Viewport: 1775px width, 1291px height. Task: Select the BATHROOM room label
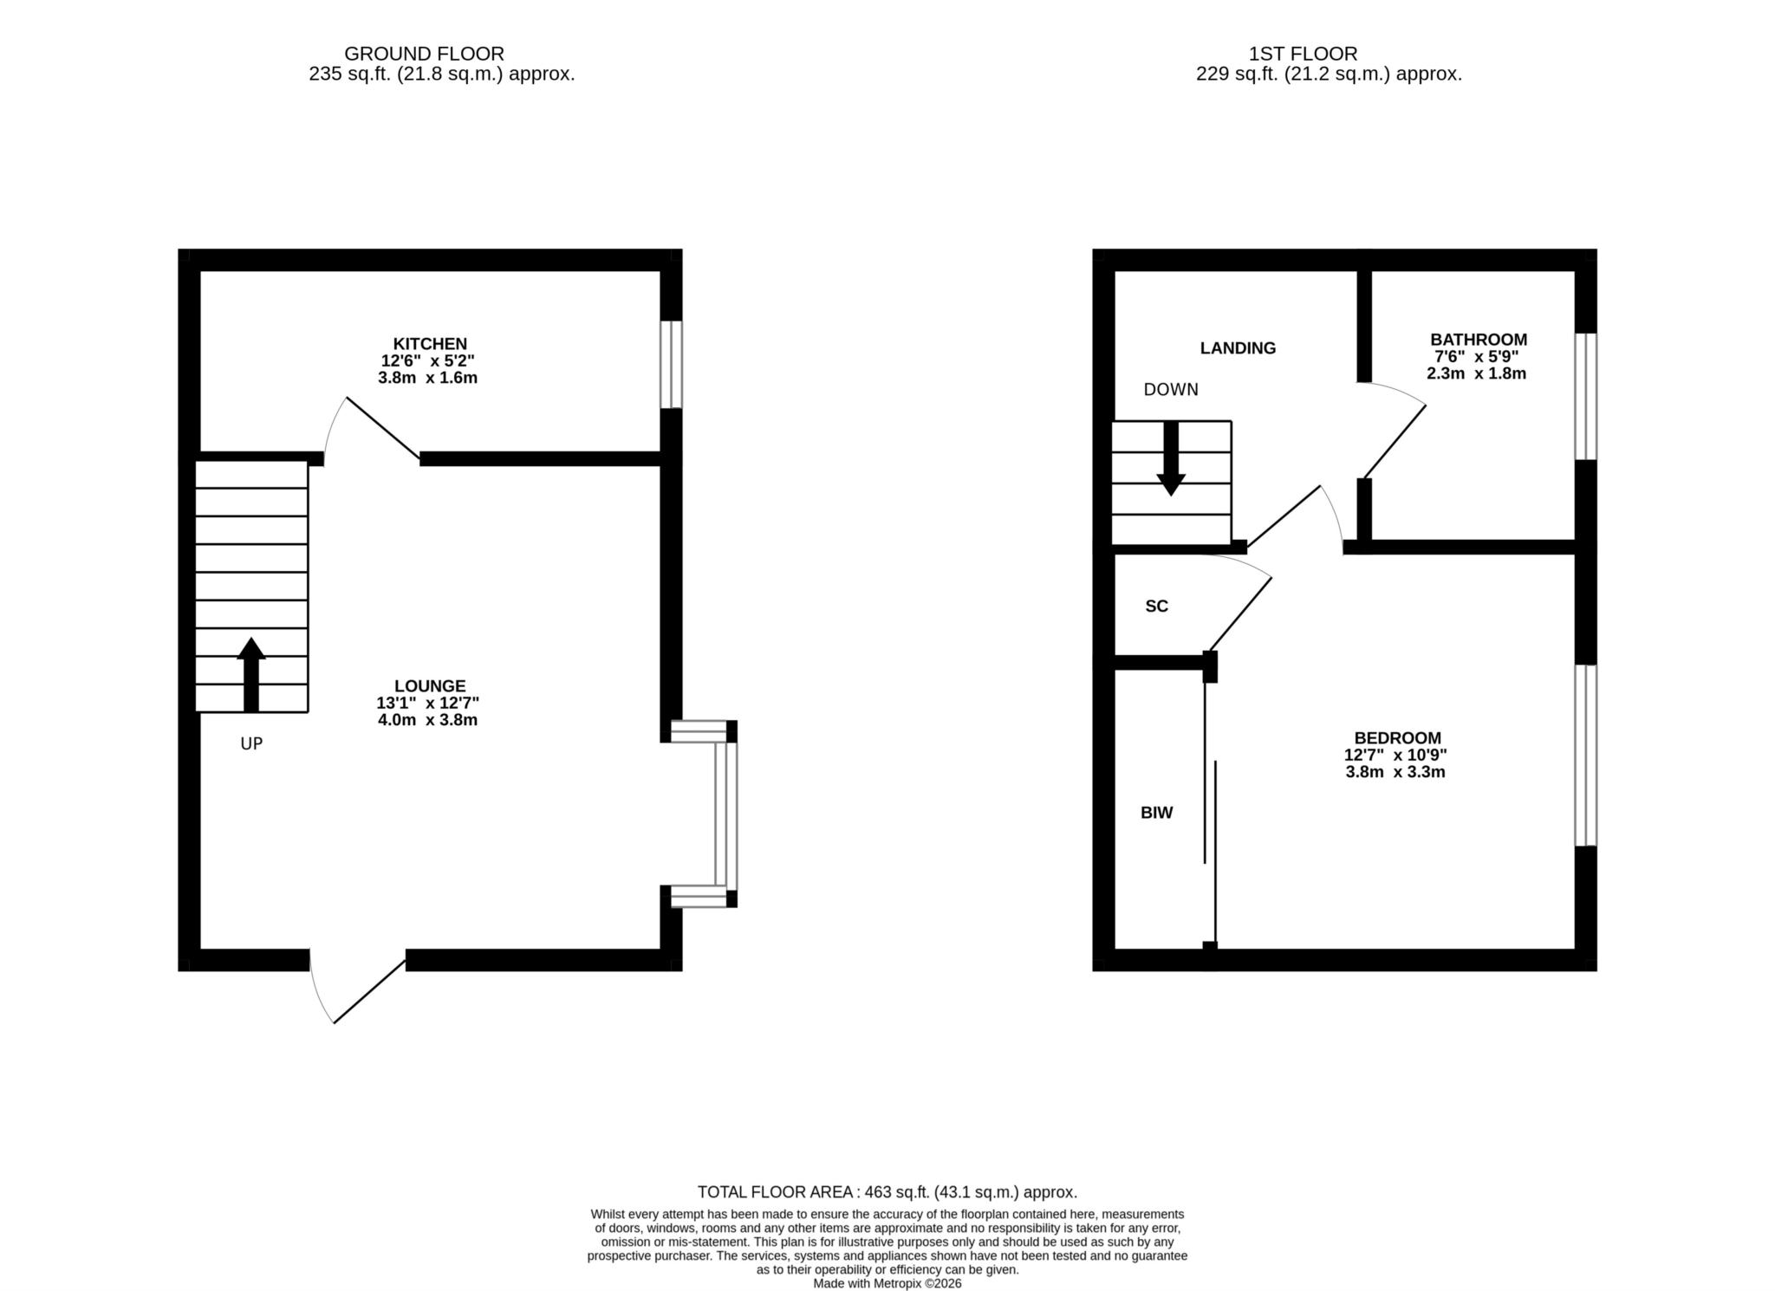point(1479,340)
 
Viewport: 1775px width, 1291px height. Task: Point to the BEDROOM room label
point(1398,738)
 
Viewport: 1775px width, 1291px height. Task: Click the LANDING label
point(1238,348)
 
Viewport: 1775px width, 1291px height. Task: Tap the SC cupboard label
point(1157,607)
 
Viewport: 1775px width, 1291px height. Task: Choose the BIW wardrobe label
point(1157,813)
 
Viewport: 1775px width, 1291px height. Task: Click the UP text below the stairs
point(251,743)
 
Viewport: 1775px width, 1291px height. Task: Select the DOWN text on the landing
point(1171,390)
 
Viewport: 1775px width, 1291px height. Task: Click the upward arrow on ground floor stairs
point(251,675)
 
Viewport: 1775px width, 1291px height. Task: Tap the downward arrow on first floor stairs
point(1171,458)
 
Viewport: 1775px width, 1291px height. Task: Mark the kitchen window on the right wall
point(671,365)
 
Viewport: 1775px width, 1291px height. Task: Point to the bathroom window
point(1585,397)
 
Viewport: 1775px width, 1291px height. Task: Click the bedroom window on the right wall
point(1585,755)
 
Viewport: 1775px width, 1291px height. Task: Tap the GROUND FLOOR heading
point(424,54)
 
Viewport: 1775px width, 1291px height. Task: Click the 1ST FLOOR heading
point(1303,54)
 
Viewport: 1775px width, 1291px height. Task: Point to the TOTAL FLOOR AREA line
point(887,1192)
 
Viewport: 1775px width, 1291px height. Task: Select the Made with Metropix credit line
point(887,1284)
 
